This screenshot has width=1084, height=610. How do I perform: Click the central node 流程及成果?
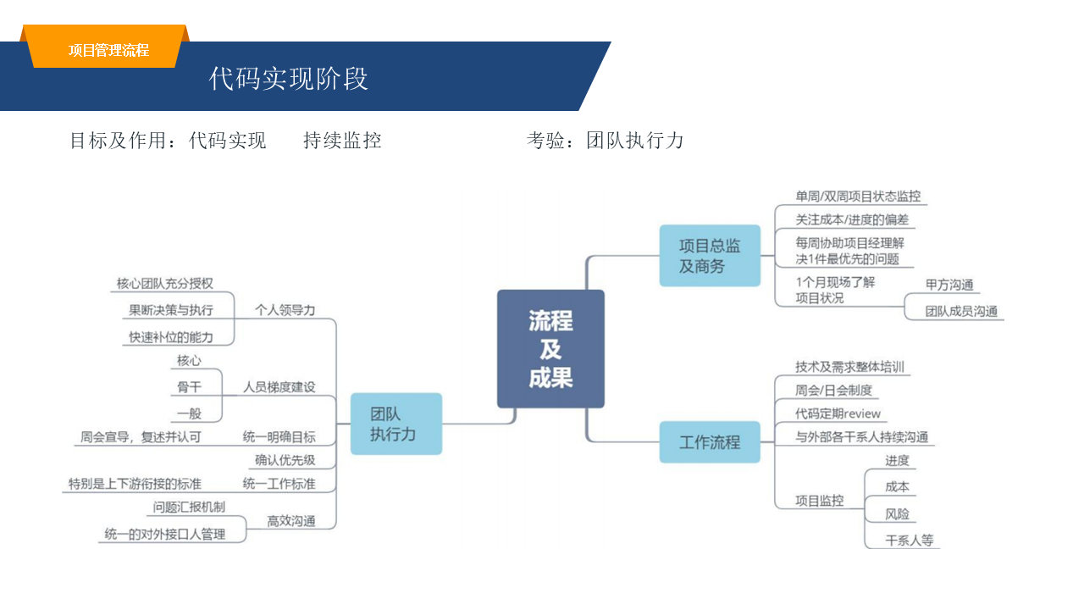click(550, 348)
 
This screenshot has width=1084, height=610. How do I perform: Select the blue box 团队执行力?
click(395, 424)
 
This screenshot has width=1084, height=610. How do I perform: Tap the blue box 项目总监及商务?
click(710, 256)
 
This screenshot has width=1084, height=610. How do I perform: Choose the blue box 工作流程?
click(710, 442)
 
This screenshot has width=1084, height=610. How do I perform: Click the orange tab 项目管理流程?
click(108, 50)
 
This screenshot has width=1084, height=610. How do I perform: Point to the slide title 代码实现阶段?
click(289, 79)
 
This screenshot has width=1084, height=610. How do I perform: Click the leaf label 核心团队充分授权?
click(164, 283)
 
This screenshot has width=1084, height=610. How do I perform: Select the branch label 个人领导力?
click(285, 310)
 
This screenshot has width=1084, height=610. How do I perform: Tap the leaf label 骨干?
click(189, 387)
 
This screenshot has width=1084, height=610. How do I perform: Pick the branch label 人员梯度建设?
click(279, 387)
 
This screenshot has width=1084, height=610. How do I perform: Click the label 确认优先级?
click(285, 460)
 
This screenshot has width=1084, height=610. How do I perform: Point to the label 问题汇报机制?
click(189, 507)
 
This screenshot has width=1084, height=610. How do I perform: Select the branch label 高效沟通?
click(291, 521)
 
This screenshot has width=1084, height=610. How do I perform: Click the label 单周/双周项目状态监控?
click(858, 196)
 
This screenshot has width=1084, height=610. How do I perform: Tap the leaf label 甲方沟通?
click(949, 285)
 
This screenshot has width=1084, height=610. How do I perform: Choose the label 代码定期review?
click(838, 413)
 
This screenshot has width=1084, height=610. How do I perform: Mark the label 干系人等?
click(909, 540)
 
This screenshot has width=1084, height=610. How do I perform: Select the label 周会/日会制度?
click(833, 391)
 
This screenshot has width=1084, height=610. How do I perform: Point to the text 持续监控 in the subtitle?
click(342, 141)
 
